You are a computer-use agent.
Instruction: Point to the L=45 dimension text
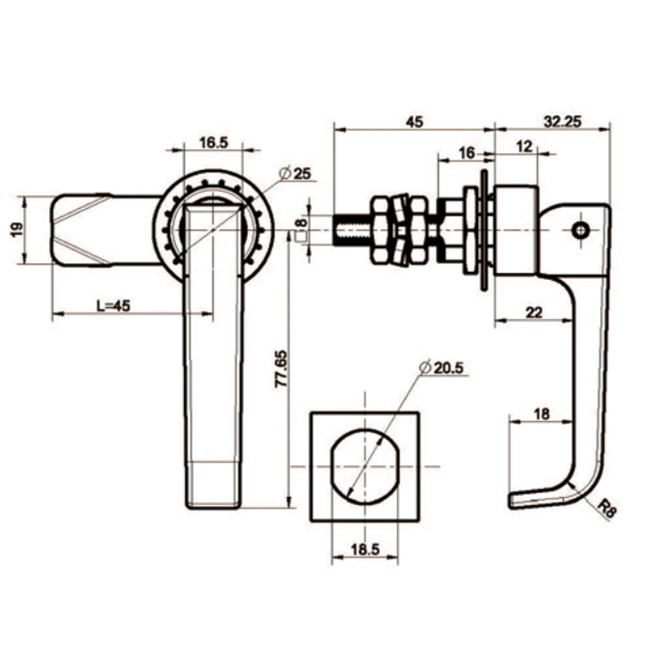coord(113,305)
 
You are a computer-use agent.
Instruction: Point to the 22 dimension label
coord(533,311)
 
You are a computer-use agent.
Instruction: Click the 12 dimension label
coord(524,147)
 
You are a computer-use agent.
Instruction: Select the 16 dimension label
coord(466,153)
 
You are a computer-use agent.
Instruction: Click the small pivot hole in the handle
coord(582,231)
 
